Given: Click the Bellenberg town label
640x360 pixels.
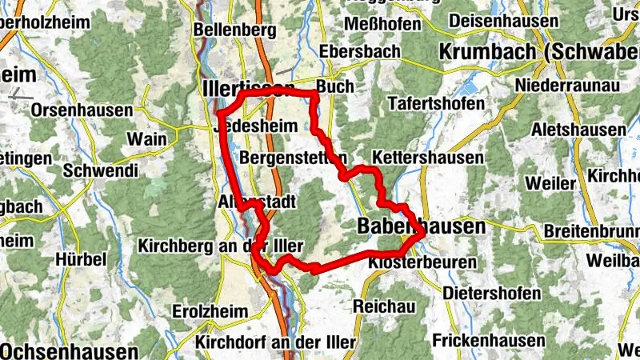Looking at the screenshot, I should pyautogui.click(x=235, y=30).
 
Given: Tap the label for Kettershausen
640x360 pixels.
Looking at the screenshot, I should pyautogui.click(x=428, y=158).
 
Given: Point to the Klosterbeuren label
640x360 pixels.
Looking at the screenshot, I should pyautogui.click(x=412, y=262).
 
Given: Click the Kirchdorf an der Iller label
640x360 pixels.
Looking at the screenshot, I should pyautogui.click(x=275, y=342).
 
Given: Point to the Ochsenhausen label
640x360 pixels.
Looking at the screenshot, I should pyautogui.click(x=69, y=351).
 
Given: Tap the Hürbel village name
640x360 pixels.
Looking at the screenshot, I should pyautogui.click(x=81, y=259).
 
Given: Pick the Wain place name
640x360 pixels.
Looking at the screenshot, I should pyautogui.click(x=147, y=138).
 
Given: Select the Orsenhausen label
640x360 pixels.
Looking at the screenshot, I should pyautogui.click(x=82, y=110).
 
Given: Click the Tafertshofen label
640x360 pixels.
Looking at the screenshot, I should pyautogui.click(x=436, y=104).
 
